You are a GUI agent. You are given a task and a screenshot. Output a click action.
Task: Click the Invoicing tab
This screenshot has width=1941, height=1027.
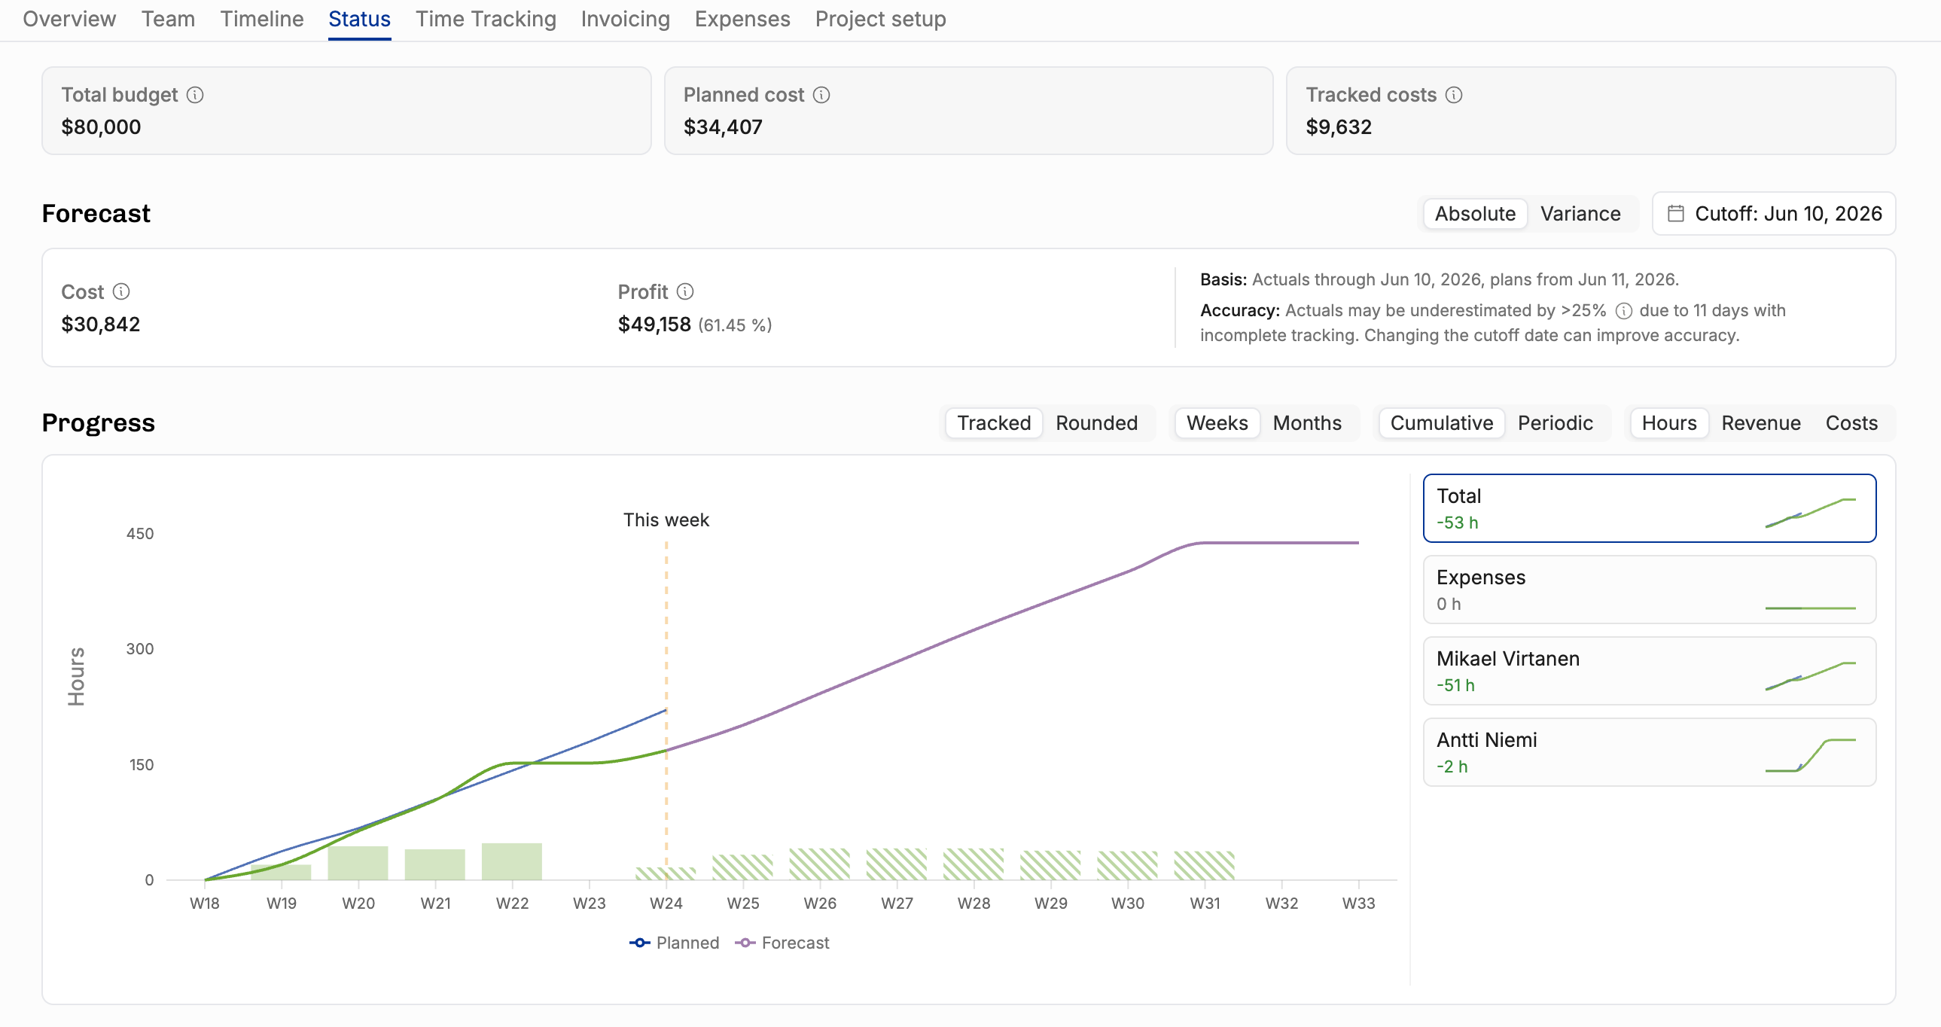click(625, 19)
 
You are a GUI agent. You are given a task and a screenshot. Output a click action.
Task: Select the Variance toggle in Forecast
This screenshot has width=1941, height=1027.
click(1580, 214)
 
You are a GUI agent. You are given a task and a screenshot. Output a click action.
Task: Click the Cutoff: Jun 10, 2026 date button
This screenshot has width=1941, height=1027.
click(1774, 214)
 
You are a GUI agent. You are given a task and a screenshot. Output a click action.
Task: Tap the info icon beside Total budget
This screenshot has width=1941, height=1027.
click(195, 95)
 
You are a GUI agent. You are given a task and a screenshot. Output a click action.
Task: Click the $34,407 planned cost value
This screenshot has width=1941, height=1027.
click(723, 126)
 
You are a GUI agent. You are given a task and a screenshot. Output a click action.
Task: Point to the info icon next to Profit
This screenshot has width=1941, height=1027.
click(685, 291)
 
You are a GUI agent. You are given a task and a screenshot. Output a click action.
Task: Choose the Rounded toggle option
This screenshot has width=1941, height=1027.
click(1096, 423)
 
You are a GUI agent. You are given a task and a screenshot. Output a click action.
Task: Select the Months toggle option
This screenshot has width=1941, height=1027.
click(1306, 423)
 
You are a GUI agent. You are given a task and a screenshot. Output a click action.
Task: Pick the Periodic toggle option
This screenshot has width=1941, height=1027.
click(1556, 423)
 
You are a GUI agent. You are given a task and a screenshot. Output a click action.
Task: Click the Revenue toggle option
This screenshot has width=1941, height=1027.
click(1761, 423)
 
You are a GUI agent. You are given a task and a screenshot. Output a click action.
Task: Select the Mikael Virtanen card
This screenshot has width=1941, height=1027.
click(1650, 671)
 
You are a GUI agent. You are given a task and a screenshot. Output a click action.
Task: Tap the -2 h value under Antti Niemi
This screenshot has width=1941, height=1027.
click(1452, 766)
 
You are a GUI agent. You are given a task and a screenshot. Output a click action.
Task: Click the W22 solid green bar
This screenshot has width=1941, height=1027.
click(512, 861)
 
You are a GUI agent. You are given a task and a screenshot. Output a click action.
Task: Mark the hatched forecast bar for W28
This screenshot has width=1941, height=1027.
click(974, 864)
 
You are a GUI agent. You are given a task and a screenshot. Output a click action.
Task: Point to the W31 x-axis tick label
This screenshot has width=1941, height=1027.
click(1204, 903)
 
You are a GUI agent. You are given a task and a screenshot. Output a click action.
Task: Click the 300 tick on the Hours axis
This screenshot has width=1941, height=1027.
click(140, 649)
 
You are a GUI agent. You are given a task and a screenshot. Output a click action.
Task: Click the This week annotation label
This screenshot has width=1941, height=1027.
click(666, 520)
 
